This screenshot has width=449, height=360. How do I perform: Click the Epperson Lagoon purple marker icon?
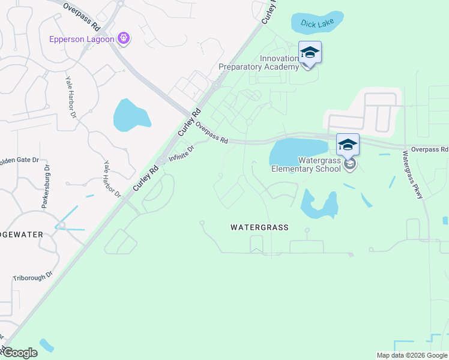[124, 38]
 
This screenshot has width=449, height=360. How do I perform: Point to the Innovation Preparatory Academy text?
[259, 62]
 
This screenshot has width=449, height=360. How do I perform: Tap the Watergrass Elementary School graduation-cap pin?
[348, 145]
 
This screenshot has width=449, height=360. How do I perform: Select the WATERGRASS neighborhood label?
[259, 227]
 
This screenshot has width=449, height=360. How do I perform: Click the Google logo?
[19, 353]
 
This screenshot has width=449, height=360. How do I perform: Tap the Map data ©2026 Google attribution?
[411, 355]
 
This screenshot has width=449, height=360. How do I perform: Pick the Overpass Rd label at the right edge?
[429, 149]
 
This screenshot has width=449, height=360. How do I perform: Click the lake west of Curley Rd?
[131, 115]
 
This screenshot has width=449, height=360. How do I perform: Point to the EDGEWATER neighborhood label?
[21, 234]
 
